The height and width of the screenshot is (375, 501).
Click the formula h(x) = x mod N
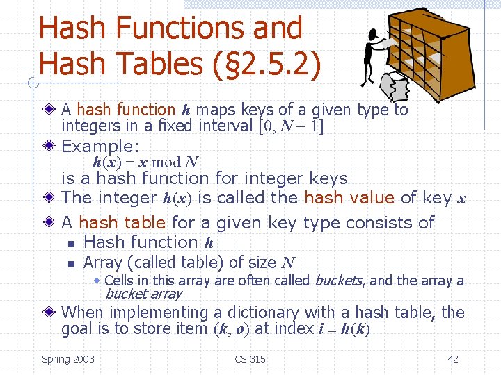146,162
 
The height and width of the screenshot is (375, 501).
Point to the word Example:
100,147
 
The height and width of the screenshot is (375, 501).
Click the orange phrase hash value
349,197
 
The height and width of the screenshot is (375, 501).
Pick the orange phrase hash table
122,223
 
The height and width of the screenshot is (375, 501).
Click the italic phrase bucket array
143,294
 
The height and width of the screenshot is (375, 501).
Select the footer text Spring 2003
68,359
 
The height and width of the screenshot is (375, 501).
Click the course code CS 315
250,359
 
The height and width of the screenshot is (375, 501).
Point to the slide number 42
453,359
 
